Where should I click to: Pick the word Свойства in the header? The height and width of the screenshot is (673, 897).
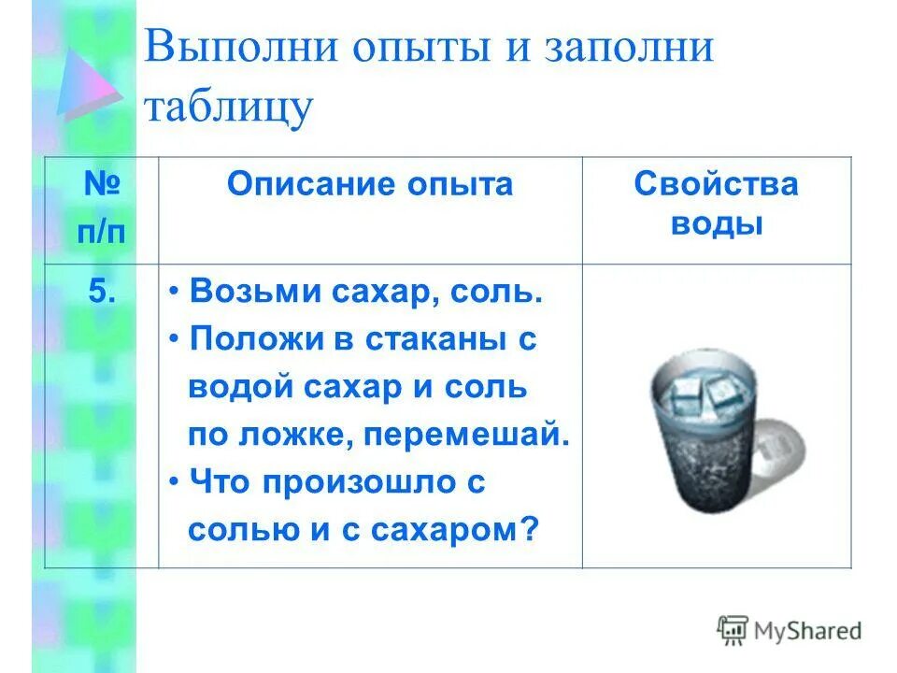pos(716,184)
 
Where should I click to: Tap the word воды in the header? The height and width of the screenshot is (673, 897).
pos(716,225)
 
